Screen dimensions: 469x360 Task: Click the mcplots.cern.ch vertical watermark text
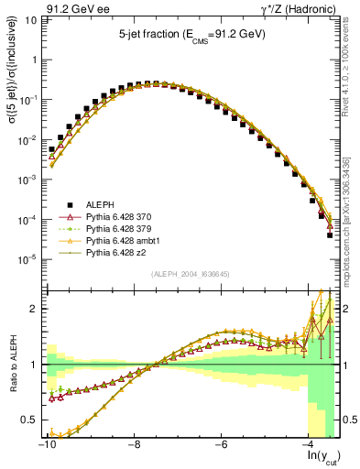350,220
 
